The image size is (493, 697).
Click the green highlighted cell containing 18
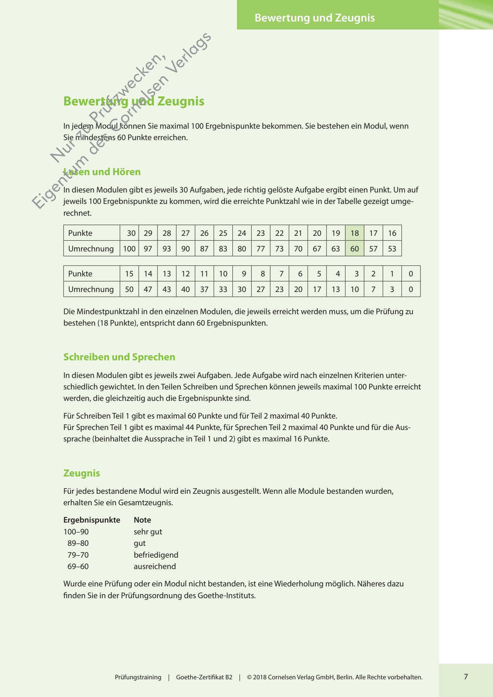[354, 233]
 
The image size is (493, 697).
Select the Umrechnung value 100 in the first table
[129, 249]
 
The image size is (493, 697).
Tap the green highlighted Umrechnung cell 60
[354, 249]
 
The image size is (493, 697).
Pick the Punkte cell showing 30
[131, 233]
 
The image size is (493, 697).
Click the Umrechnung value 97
[148, 249]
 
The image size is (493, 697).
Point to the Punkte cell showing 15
[129, 274]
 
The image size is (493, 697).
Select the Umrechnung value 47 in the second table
[148, 289]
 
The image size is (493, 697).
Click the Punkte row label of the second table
[80, 274]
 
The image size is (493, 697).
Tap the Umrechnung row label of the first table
[91, 249]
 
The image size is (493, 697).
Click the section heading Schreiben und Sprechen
[119, 357]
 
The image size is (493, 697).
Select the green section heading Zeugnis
[82, 473]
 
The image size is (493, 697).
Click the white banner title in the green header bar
[315, 18]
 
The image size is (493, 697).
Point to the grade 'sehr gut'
[148, 532]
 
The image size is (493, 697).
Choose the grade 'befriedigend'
[156, 555]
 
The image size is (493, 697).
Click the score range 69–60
[78, 566]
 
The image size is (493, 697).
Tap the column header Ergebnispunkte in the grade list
[92, 520]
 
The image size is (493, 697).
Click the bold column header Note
[142, 520]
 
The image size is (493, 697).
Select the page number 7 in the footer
[466, 677]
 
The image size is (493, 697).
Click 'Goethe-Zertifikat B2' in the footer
[204, 677]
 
